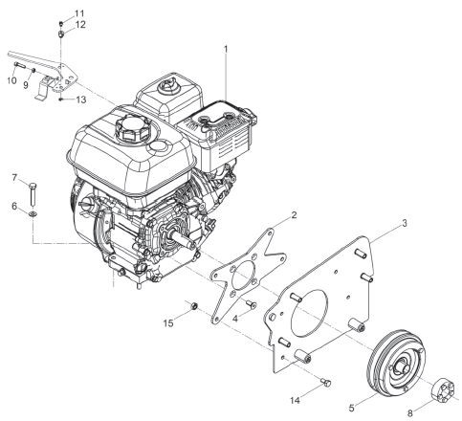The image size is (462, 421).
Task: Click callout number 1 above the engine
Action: pos(226,50)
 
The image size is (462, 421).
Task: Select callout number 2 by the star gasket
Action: pos(294,215)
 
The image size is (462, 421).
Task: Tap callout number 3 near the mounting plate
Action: pos(405,223)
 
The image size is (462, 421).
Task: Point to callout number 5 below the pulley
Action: pos(351,408)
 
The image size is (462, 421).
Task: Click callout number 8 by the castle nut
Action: pos(410,413)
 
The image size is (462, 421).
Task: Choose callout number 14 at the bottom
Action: pos(295,400)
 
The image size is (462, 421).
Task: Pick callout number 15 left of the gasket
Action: pos(168,323)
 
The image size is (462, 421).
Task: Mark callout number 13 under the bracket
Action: pos(81,100)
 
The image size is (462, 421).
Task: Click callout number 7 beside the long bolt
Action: pos(14,177)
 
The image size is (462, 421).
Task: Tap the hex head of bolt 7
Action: pos(33,186)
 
